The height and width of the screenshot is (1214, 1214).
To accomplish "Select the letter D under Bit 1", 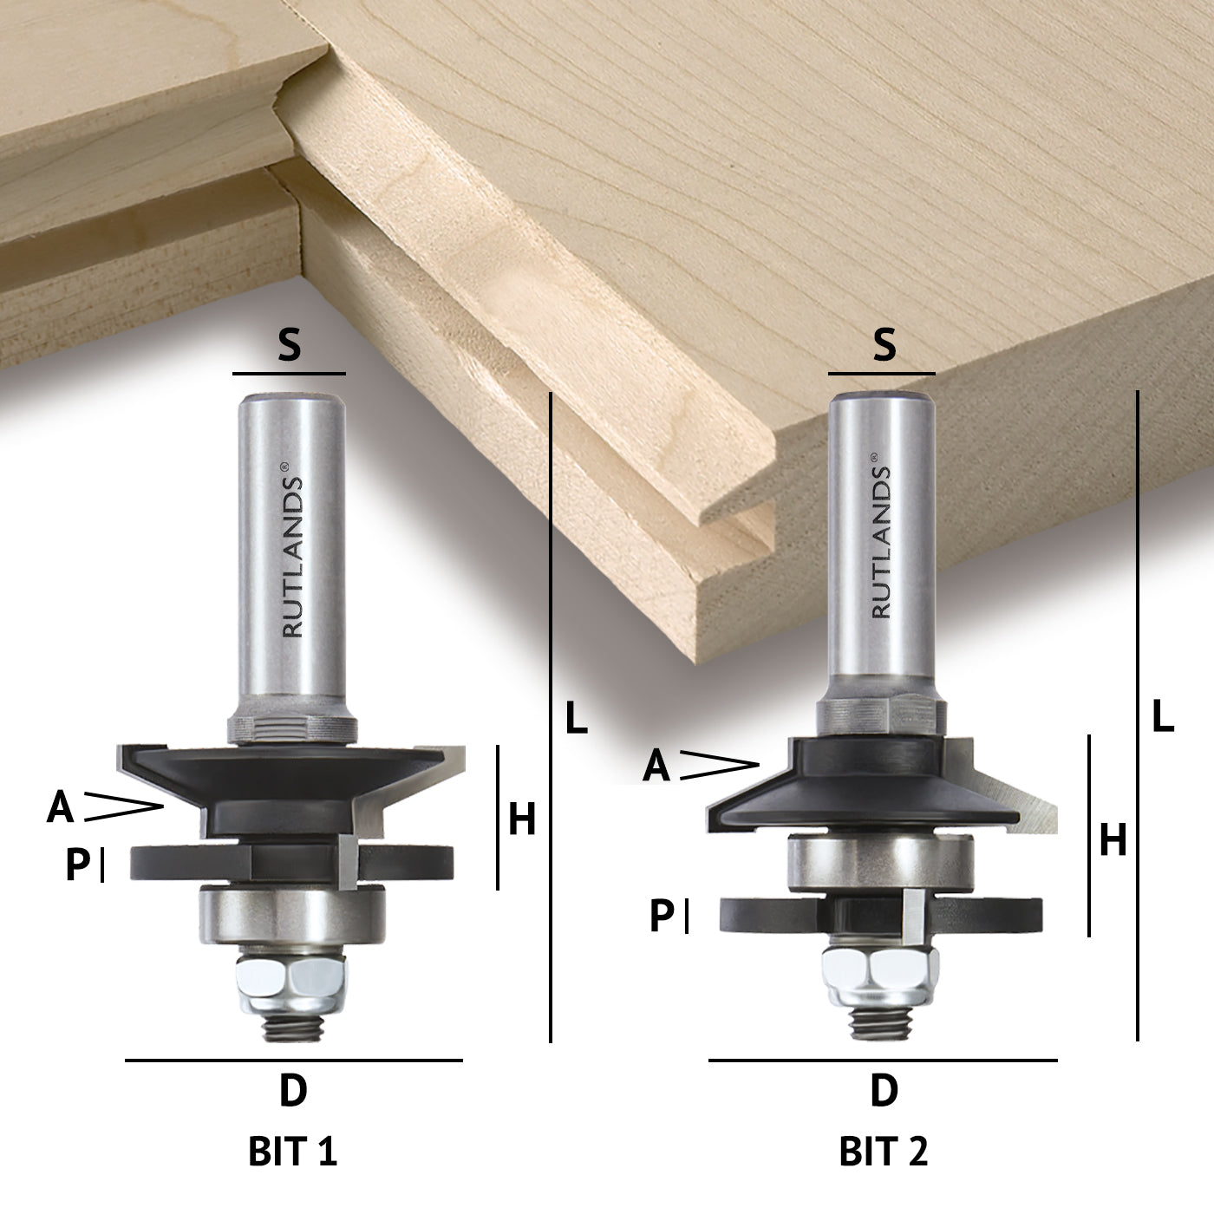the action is (293, 1090).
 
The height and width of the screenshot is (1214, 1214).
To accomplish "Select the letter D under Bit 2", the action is (884, 1090).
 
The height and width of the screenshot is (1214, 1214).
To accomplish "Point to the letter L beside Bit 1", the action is (576, 717).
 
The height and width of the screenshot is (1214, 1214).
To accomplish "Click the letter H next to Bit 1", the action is (522, 819).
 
